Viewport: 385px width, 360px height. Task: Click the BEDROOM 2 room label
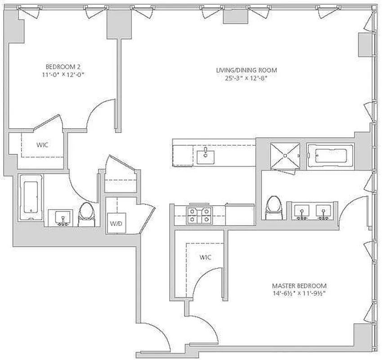pos(63,67)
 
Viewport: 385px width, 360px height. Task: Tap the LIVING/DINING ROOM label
pos(246,70)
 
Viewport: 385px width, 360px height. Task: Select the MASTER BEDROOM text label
pos(299,286)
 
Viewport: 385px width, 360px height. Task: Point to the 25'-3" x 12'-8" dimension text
pos(246,78)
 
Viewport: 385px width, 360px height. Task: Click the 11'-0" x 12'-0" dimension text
pos(63,75)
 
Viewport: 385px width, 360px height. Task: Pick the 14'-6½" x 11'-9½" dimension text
pos(299,293)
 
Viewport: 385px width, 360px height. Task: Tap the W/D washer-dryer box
pos(116,223)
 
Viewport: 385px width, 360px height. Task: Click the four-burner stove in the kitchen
pos(199,216)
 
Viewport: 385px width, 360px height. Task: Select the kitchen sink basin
pos(206,157)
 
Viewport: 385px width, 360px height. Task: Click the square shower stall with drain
pos(285,156)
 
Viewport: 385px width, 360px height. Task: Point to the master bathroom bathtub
pos(331,156)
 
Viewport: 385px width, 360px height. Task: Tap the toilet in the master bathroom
pos(274,207)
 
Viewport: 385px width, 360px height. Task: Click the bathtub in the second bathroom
pos(31,197)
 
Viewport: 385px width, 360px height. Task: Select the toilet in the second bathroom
pos(86,215)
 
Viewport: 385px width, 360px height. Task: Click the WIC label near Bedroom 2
pos(42,145)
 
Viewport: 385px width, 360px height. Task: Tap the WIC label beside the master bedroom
pos(205,257)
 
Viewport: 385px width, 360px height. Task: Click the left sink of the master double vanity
pos(301,212)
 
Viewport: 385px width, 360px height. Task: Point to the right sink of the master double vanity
pos(323,212)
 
